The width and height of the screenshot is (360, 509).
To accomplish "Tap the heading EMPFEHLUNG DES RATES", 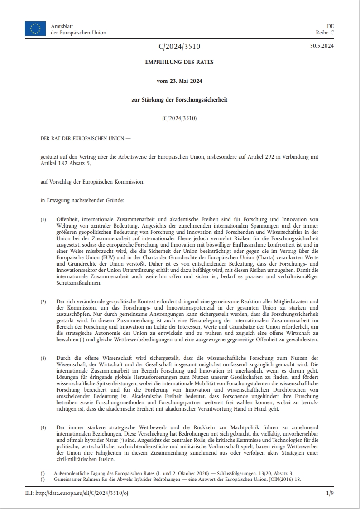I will [180, 62].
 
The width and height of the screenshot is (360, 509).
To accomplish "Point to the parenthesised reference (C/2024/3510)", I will [180, 118].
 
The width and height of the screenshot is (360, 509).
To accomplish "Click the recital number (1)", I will [43, 219].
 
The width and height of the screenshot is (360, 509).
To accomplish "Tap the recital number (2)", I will [43, 301].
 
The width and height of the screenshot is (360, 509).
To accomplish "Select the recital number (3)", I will [43, 359].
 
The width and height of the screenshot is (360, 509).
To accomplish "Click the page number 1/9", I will [330, 493].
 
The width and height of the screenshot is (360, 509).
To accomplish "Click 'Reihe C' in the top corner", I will [325, 33].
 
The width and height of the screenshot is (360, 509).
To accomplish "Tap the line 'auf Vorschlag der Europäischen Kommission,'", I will [92, 182].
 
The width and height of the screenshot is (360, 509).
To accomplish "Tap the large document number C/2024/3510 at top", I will [180, 47].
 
